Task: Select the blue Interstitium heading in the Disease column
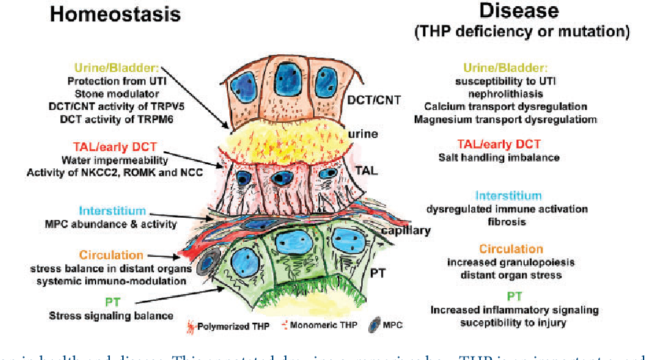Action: pyautogui.click(x=505, y=195)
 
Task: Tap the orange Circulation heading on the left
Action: pyautogui.click(x=111, y=255)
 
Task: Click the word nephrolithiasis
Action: pyautogui.click(x=505, y=93)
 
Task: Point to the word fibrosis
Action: pyautogui.click(x=505, y=222)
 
